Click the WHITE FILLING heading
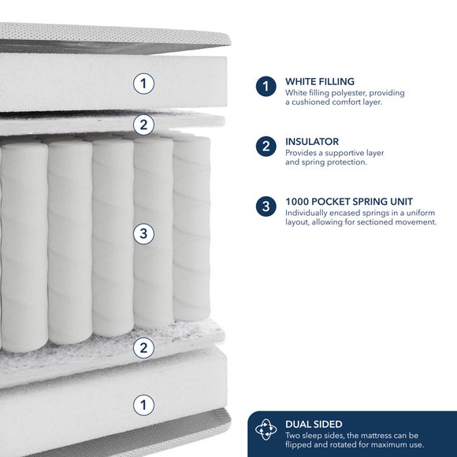point(320,81)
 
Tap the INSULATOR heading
point(312,142)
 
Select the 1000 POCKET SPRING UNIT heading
point(349,202)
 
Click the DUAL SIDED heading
point(314,424)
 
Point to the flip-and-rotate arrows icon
point(266,429)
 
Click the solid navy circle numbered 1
point(266,86)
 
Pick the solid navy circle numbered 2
point(266,147)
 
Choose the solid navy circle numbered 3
point(266,206)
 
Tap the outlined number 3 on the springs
point(143,234)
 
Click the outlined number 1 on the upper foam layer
point(143,84)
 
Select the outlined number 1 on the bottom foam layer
point(143,405)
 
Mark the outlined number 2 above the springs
point(143,124)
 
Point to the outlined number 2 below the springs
point(143,347)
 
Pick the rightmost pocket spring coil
point(191,228)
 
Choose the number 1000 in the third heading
point(298,202)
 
